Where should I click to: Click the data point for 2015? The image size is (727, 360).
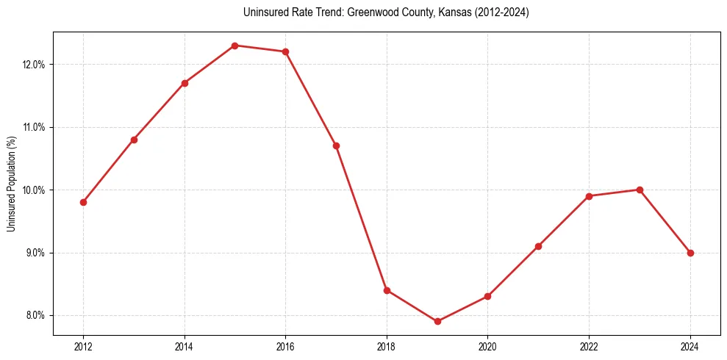(x=234, y=46)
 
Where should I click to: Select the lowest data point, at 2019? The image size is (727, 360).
(x=437, y=321)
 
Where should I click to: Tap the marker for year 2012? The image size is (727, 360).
(x=83, y=202)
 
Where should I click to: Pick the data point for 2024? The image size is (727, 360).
(x=690, y=253)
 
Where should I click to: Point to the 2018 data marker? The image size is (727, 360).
(x=387, y=290)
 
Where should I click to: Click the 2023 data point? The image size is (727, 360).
(x=640, y=190)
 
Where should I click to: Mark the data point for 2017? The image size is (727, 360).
(x=336, y=145)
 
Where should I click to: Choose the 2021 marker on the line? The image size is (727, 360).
(x=538, y=246)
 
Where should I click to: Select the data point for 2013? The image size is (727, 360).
(x=134, y=140)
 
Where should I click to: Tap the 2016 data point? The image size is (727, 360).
(x=285, y=51)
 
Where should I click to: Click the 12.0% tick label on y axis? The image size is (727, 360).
(x=35, y=65)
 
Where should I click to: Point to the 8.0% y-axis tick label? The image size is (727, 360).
(x=35, y=316)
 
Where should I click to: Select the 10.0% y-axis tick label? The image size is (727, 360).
(x=35, y=190)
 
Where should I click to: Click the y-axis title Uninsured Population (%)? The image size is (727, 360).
(x=11, y=184)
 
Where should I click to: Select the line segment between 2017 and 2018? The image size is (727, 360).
(x=361, y=217)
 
